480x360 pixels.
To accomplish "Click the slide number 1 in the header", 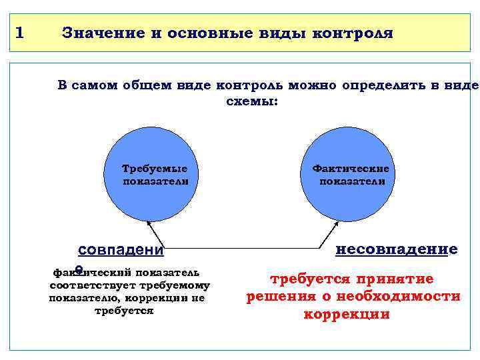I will (x=19, y=32).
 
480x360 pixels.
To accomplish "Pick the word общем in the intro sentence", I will (x=149, y=86).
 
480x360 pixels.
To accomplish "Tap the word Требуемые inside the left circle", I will (x=155, y=168).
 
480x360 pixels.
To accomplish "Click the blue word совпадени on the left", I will (x=121, y=251).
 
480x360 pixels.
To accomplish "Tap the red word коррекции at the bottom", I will (x=347, y=314).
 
